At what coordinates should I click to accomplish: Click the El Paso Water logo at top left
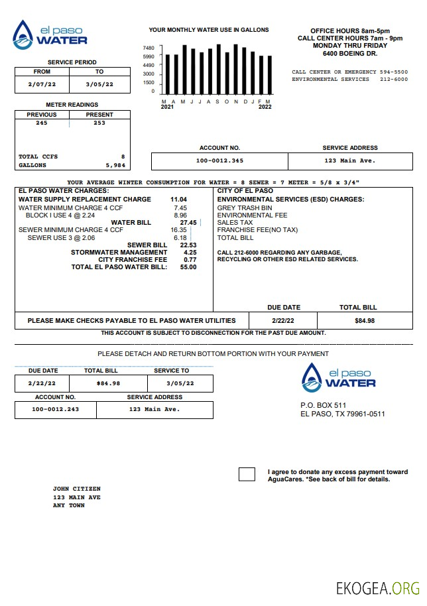coord(50,35)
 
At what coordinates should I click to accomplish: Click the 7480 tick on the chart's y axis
coord(149,48)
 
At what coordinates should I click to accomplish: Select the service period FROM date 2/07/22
coord(41,84)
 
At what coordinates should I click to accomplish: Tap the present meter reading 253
coord(99,123)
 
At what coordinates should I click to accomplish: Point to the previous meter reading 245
coord(42,123)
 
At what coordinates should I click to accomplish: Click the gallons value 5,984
coord(115,165)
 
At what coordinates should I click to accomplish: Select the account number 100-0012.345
coord(219,161)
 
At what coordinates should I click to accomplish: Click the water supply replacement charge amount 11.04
coord(178,200)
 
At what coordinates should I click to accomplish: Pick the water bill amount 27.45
coord(188,223)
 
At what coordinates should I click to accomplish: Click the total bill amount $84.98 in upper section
coord(364,321)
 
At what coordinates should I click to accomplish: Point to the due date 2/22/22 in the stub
coord(42,383)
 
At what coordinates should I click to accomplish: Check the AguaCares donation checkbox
coord(247,474)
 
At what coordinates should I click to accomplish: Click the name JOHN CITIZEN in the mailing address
coord(76,489)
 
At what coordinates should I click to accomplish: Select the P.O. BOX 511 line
coord(323,405)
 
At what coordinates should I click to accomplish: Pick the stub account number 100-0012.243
coord(55,409)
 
